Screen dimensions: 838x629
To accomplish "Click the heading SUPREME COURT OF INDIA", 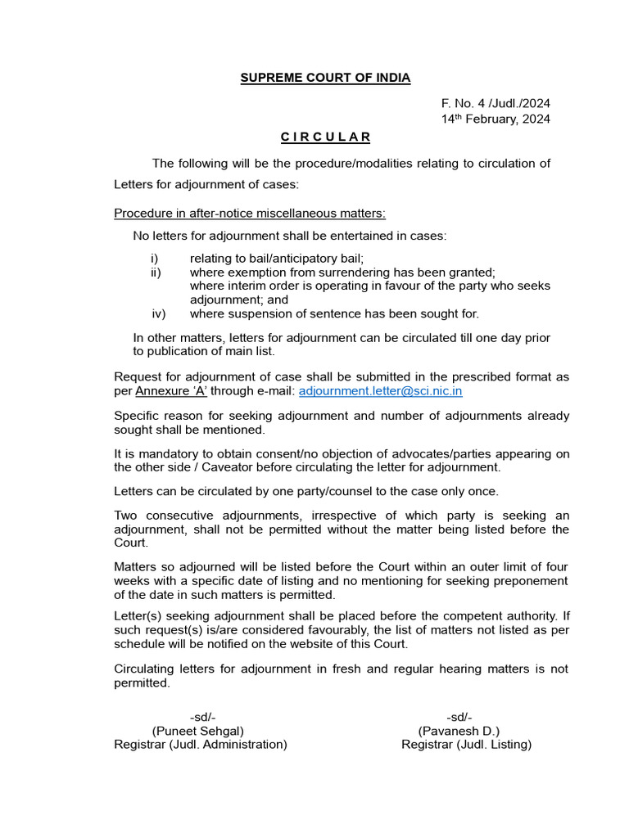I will pyautogui.click(x=325, y=79).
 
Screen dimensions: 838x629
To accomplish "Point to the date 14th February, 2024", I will pyautogui.click(x=496, y=119).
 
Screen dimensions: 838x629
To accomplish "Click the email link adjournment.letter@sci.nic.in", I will pyautogui.click(x=381, y=391).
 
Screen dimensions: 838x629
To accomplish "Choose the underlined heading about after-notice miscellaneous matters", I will pyautogui.click(x=250, y=214).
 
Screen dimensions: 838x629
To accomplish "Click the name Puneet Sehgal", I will pyautogui.click(x=198, y=731).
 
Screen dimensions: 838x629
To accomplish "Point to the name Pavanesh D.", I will pyautogui.click(x=459, y=731).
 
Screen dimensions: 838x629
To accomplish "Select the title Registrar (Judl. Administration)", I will pyautogui.click(x=201, y=745).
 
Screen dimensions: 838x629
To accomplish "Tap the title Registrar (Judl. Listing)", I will pyautogui.click(x=466, y=745).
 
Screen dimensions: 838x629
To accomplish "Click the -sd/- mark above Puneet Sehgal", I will pyautogui.click(x=203, y=717).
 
